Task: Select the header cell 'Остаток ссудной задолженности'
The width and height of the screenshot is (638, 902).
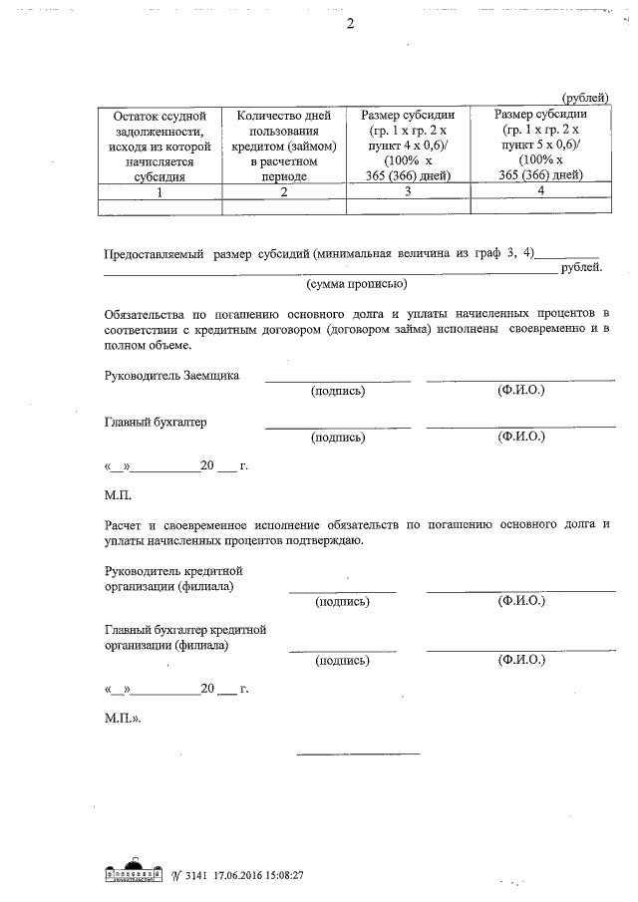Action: pos(159,145)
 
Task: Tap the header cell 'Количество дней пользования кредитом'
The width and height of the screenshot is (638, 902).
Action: pos(284,145)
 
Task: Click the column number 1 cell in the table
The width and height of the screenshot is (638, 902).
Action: pos(159,192)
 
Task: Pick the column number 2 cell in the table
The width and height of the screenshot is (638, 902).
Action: pos(284,192)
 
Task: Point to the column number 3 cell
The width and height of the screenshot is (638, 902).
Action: pos(408,192)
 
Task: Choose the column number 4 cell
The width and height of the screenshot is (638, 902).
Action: pos(539,192)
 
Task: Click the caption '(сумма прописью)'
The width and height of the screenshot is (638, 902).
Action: pos(356,285)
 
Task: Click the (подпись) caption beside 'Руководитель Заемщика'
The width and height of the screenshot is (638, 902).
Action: pos(338,391)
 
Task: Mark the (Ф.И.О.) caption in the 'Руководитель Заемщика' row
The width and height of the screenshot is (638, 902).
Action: pos(520,391)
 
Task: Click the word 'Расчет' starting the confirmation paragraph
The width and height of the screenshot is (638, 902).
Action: pos(125,523)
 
